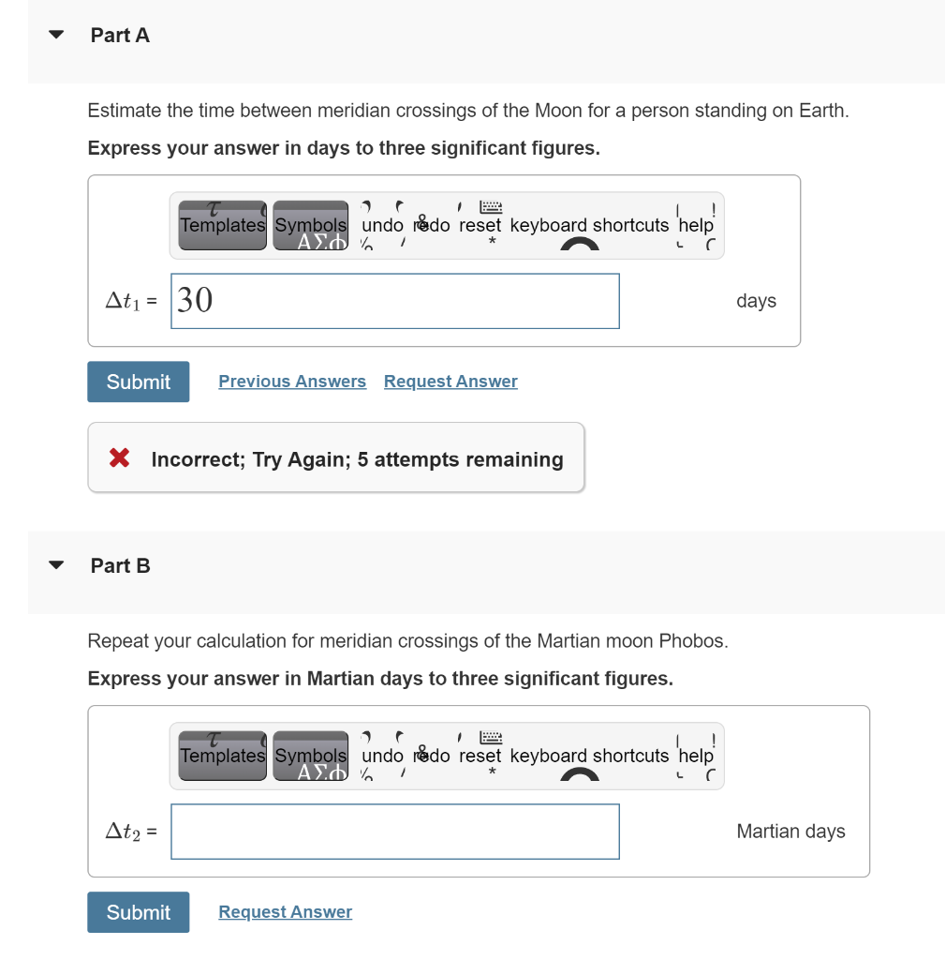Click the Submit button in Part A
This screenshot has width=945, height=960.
tap(138, 382)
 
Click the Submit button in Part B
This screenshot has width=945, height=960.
tap(138, 912)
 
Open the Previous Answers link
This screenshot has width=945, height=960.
tap(292, 382)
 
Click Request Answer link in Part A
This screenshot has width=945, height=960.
tap(450, 382)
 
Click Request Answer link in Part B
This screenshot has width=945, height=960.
tap(285, 912)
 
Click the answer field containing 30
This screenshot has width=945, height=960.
tap(394, 301)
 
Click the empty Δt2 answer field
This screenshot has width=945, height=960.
tap(394, 832)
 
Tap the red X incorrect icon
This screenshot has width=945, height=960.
tap(119, 458)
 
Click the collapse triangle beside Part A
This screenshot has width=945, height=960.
tap(56, 36)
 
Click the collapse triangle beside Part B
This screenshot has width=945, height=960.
tap(56, 566)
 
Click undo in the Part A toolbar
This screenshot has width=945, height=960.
tap(382, 225)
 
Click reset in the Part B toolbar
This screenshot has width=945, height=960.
tap(480, 756)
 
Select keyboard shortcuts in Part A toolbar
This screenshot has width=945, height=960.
tap(589, 225)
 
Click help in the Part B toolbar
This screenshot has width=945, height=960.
tap(695, 756)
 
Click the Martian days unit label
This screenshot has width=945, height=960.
tap(790, 832)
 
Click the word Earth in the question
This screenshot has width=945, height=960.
tap(822, 111)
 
